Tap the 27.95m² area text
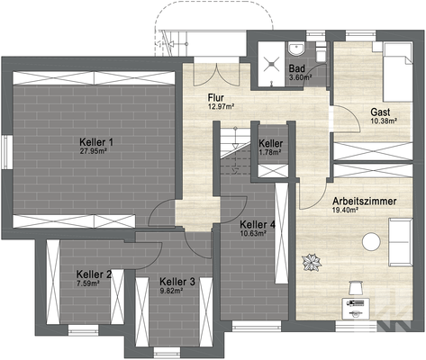[95, 151]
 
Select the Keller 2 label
[94, 274]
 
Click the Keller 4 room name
[258, 224]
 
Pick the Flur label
[215, 98]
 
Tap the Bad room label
[296, 68]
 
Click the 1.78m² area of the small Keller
[270, 152]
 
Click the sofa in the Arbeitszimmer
[399, 241]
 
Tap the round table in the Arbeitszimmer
[371, 240]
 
